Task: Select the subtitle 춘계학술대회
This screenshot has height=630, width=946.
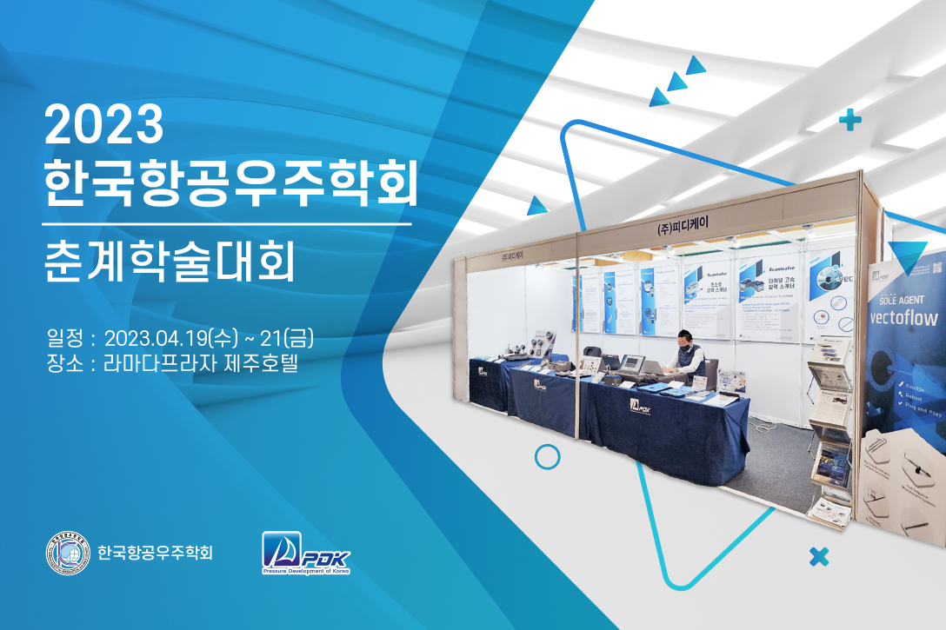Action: tap(170, 259)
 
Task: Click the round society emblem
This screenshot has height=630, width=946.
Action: tap(68, 553)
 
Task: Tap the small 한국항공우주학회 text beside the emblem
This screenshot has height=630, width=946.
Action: tap(156, 553)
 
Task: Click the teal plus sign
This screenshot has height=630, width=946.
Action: tap(849, 121)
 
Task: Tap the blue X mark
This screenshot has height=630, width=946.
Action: tap(818, 556)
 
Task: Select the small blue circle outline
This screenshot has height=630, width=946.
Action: tap(547, 456)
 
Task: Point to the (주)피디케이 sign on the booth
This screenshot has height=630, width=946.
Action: tap(683, 223)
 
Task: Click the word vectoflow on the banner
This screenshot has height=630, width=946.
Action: tap(904, 318)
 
